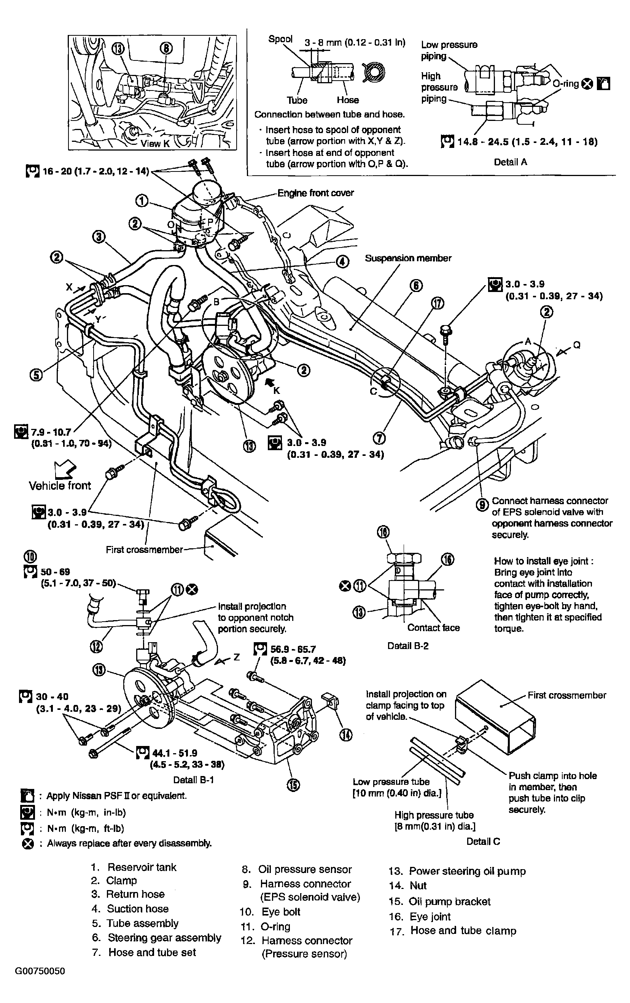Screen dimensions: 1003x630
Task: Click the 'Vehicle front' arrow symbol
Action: (x=65, y=470)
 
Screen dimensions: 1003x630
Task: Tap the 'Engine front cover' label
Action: (x=315, y=193)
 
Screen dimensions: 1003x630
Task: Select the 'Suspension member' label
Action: (x=408, y=258)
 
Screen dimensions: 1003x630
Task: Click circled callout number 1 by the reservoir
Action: (x=142, y=201)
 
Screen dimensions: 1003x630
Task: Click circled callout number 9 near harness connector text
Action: (x=482, y=505)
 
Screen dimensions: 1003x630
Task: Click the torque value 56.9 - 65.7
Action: (x=293, y=649)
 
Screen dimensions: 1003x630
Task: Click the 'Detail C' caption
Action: (x=483, y=841)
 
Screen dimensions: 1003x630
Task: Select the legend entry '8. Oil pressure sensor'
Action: (x=297, y=869)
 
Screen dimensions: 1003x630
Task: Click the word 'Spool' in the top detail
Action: (x=280, y=39)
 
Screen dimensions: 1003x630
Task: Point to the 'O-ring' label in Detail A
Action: (x=565, y=84)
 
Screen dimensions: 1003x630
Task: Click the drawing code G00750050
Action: (x=40, y=971)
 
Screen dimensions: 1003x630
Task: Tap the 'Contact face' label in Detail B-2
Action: (x=433, y=627)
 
